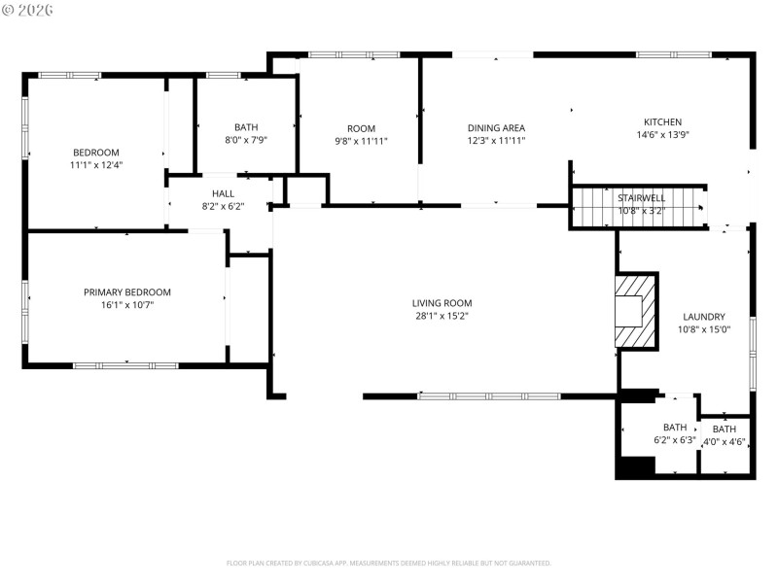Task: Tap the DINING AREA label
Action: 496,128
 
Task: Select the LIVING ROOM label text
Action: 442,302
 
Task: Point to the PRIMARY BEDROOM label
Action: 126,292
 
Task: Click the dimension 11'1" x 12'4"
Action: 95,165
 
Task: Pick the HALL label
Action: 223,193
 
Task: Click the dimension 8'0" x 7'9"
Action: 246,140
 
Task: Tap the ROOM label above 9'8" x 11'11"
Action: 361,128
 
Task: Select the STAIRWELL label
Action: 642,198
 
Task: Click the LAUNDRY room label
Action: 703,317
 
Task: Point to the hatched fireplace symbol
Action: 636,311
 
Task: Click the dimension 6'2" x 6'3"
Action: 674,440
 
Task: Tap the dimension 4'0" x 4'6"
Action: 724,441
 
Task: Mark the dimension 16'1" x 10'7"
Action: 126,305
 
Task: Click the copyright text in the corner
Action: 28,10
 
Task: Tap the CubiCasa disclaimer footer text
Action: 388,563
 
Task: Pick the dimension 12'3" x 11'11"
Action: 496,141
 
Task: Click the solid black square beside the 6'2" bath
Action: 635,466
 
